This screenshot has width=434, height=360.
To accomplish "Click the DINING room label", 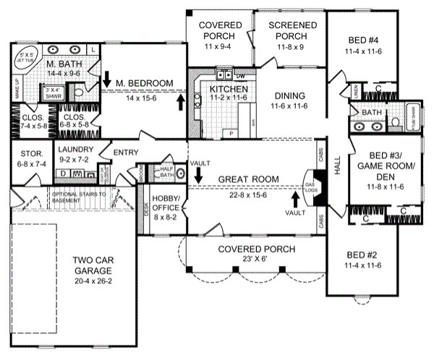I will tap(290, 96).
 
